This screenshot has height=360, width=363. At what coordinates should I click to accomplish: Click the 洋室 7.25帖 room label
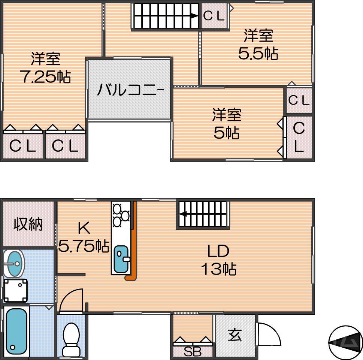pyautogui.click(x=45, y=68)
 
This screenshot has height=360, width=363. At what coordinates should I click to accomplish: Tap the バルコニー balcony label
pyautogui.click(x=130, y=90)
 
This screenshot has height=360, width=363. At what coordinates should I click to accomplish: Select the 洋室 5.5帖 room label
pyautogui.click(x=258, y=45)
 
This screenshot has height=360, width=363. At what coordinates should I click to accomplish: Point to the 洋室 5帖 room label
pyautogui.click(x=227, y=124)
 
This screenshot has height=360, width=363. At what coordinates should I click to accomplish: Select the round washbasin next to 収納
pyautogui.click(x=14, y=263)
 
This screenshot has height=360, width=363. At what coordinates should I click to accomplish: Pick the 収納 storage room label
pyautogui.click(x=28, y=224)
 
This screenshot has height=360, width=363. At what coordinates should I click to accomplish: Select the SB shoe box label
pyautogui.click(x=193, y=352)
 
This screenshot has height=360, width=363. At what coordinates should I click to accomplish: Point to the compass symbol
pyautogui.click(x=345, y=341)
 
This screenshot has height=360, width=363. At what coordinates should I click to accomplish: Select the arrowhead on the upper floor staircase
pyautogui.click(x=194, y=16)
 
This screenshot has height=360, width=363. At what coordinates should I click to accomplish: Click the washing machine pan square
pyautogui.click(x=15, y=291)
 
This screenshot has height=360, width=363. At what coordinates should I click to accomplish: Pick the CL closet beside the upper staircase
pyautogui.click(x=214, y=16)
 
